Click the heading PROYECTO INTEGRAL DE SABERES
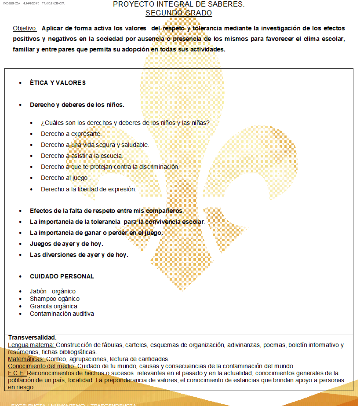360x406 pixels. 178,4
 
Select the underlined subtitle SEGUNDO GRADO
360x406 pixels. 178,13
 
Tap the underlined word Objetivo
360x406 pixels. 25,28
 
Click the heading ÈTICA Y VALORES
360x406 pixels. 57,83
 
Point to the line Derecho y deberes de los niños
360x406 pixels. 77,105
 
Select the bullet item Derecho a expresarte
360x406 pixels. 71,134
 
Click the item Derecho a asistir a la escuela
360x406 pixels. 82,156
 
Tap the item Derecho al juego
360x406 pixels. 65,178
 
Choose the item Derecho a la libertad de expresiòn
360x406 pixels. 88,189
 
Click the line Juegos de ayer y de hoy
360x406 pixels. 66,244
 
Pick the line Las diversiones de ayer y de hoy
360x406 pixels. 79,255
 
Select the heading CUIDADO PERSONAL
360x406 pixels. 62,276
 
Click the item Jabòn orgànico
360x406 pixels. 52,291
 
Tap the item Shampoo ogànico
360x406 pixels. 55,299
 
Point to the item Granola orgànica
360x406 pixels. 53,306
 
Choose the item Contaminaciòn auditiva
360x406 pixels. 62,314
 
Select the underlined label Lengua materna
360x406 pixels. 31,345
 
